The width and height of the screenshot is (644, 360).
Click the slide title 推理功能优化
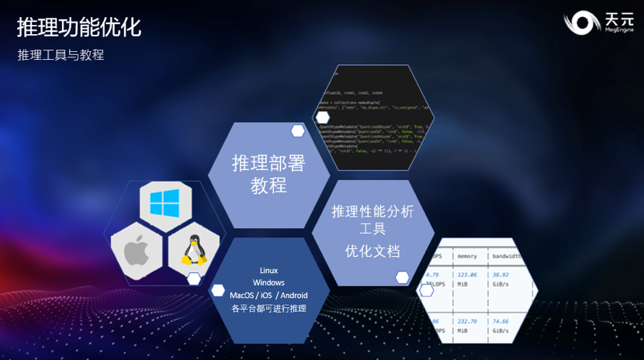79,28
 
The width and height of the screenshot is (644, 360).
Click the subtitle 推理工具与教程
61,55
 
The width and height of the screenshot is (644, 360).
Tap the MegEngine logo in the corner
599,22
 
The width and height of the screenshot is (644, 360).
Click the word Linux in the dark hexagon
268,270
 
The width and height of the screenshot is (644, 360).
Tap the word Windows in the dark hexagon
268,282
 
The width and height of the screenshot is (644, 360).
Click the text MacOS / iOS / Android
268,296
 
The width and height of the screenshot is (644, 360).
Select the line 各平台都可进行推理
268,309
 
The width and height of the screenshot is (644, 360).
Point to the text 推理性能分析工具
373,220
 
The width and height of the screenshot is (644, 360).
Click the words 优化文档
373,251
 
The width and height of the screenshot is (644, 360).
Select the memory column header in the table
467,255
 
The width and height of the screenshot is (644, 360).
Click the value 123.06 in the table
467,275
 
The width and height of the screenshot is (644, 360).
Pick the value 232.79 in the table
467,320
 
